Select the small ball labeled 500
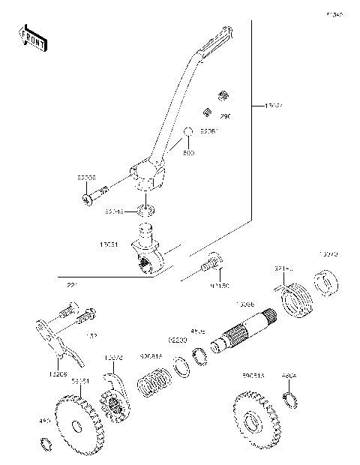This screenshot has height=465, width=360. coord(189,132)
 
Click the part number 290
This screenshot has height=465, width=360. coord(225,116)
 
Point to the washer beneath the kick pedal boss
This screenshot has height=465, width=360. coord(147,208)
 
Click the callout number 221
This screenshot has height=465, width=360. coord(72,285)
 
